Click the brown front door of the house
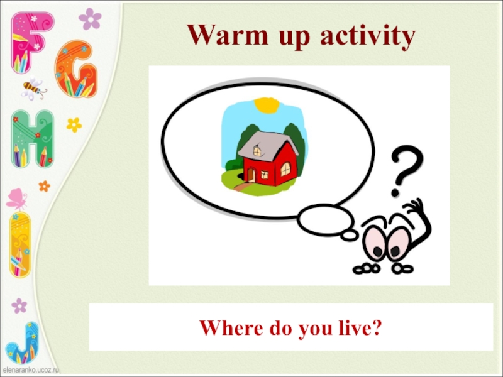[x=251, y=173]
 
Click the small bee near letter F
[x=34, y=88]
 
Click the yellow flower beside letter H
[x=74, y=124]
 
